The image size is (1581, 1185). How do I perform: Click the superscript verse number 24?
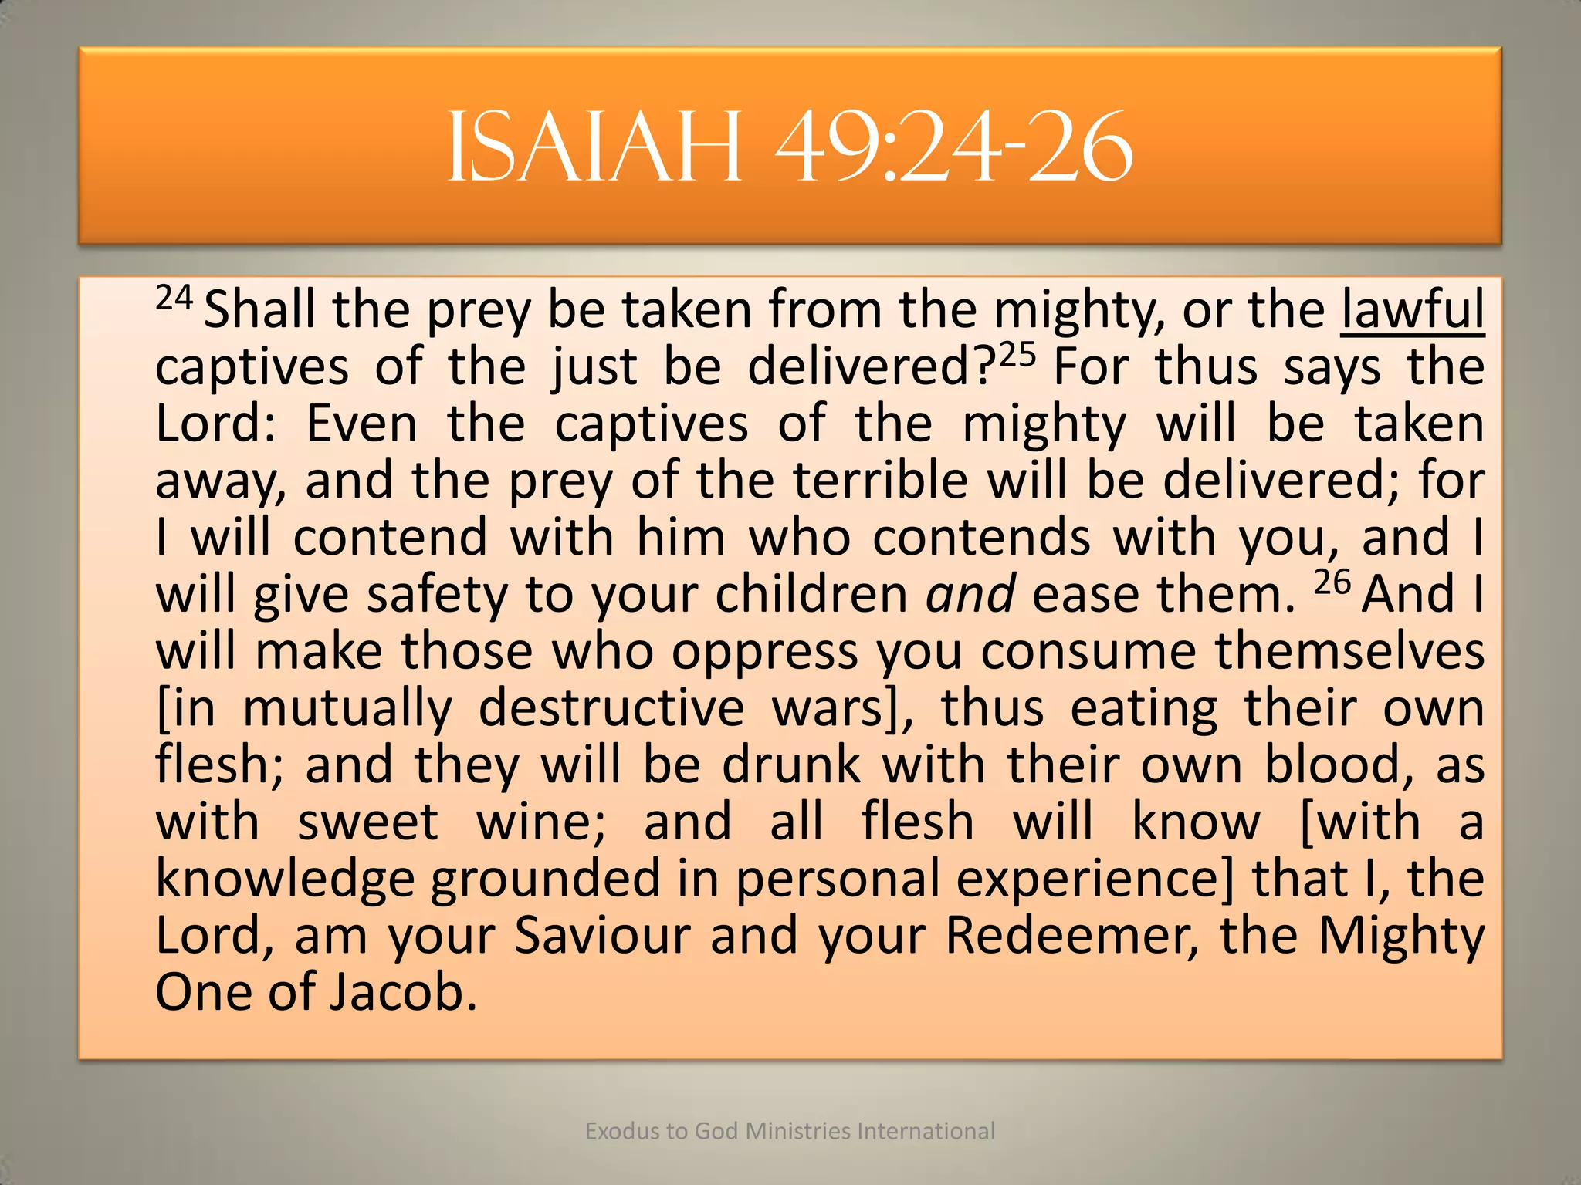pos(174,297)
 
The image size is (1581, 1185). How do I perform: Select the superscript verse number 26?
pos(1332,582)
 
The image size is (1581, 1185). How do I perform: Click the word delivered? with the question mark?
pos(872,366)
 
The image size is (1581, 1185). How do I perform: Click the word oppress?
pos(764,652)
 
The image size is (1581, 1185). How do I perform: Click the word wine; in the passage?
pos(541,822)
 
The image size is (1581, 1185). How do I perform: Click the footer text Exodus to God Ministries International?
pos(790,1131)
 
